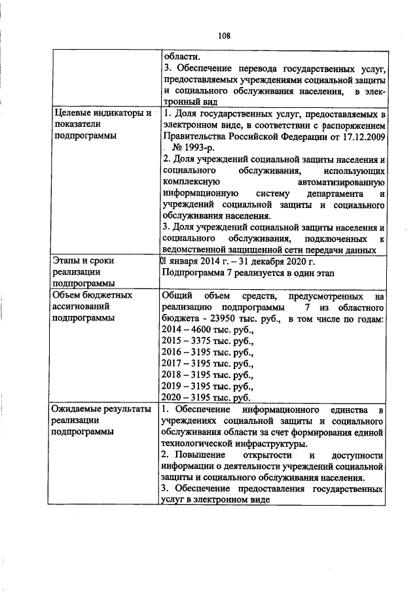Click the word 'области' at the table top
pos(179,57)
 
